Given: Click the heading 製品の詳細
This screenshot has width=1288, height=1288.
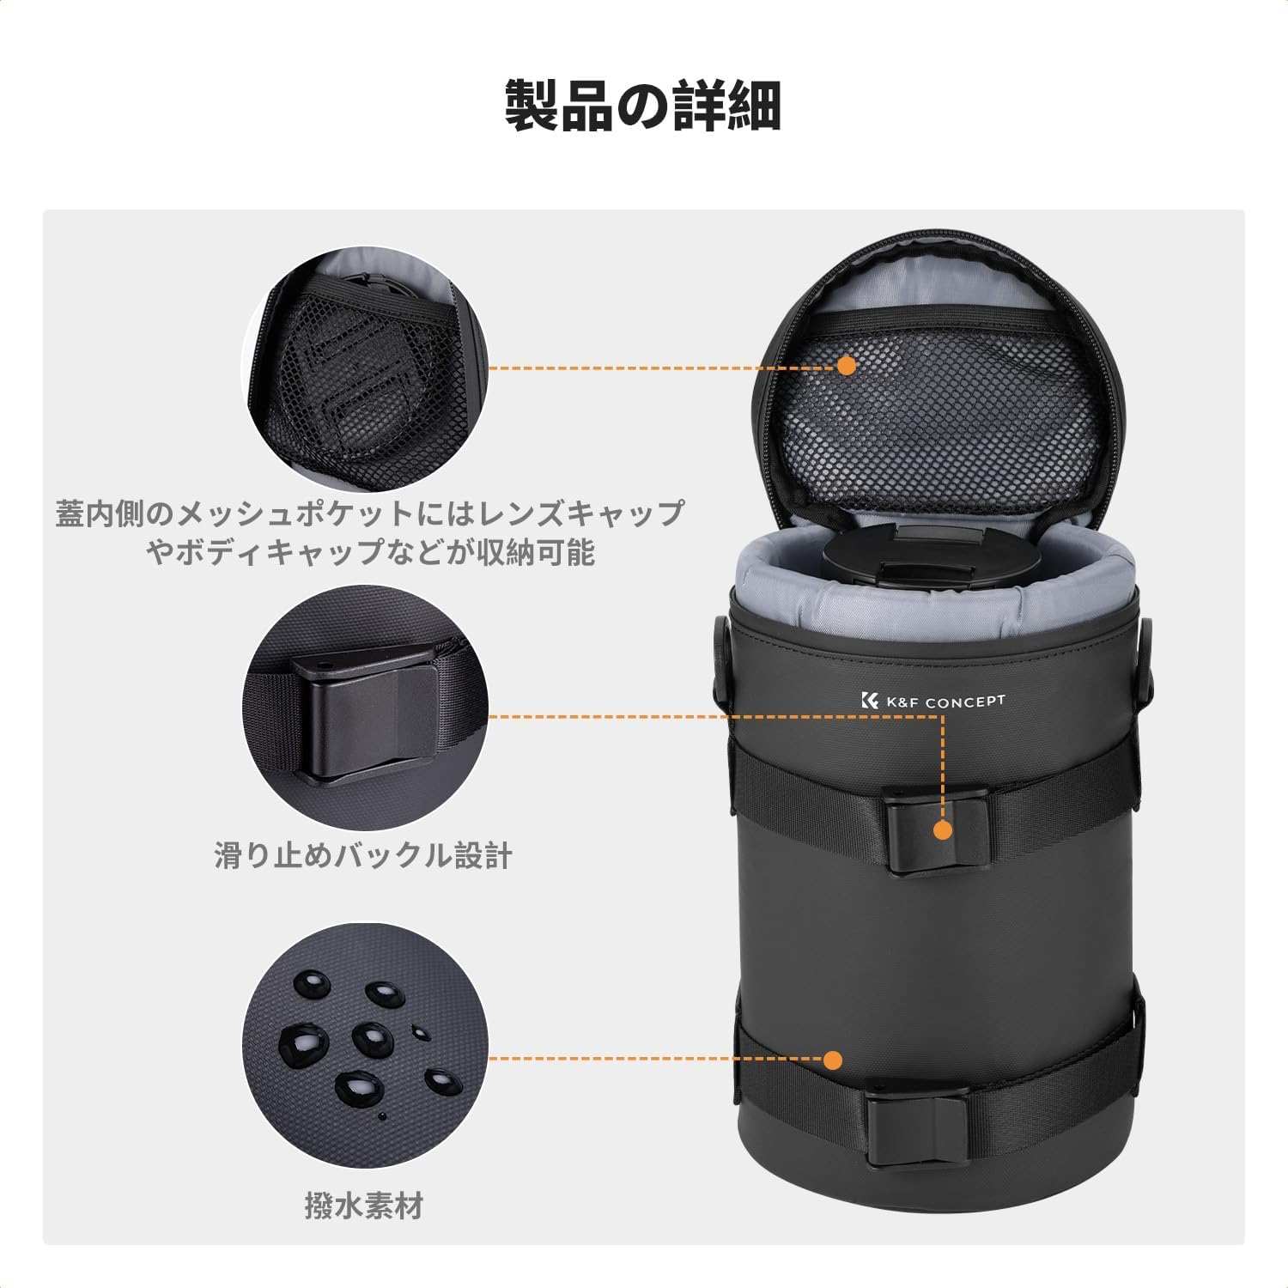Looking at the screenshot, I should point(642,106).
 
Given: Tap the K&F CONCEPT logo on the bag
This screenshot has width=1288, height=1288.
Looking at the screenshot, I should point(932,702).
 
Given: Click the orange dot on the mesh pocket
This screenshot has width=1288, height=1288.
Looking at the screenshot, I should point(847,366).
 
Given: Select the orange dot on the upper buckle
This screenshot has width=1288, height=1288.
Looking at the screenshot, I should point(943,829).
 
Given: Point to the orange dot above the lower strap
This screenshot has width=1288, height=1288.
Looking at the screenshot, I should point(831,1060).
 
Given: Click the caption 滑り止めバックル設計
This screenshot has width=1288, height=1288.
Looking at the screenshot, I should point(363,855).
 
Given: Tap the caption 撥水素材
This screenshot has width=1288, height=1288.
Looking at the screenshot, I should point(363,1206).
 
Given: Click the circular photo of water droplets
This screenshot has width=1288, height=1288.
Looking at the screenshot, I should point(365,1045).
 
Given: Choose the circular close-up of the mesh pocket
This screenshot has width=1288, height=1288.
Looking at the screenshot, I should point(365,368).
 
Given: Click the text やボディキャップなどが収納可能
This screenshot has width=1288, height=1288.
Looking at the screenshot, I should point(370,552).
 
